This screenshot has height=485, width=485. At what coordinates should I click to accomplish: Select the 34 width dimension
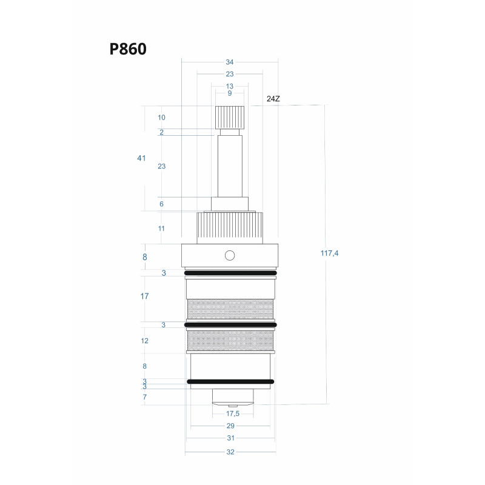[x=230, y=62]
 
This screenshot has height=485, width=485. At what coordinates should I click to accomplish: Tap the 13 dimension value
[x=230, y=86]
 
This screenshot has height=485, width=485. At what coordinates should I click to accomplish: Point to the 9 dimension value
[x=230, y=93]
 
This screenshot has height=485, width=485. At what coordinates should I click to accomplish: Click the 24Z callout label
[x=273, y=98]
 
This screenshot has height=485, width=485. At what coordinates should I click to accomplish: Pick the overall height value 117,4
[x=329, y=253]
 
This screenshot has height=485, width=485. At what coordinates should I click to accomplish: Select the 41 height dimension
[x=141, y=158]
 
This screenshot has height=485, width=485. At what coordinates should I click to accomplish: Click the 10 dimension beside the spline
[x=162, y=117]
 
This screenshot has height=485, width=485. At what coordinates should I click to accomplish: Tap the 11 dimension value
[x=162, y=229]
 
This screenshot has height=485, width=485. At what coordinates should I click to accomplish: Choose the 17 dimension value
[x=144, y=296]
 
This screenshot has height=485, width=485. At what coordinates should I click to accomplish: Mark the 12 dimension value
[x=144, y=341]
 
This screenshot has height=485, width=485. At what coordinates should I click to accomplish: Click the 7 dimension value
[x=144, y=397]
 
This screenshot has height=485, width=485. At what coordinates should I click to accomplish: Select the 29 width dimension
[x=230, y=426]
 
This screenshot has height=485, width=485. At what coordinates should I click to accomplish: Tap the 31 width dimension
[x=230, y=438]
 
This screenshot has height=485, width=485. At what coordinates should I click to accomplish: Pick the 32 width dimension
[x=230, y=452]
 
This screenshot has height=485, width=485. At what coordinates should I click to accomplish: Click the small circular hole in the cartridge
[x=229, y=255]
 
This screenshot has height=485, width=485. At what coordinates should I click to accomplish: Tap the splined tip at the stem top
[x=230, y=116]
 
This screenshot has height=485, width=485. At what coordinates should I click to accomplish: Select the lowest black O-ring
[x=230, y=382]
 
